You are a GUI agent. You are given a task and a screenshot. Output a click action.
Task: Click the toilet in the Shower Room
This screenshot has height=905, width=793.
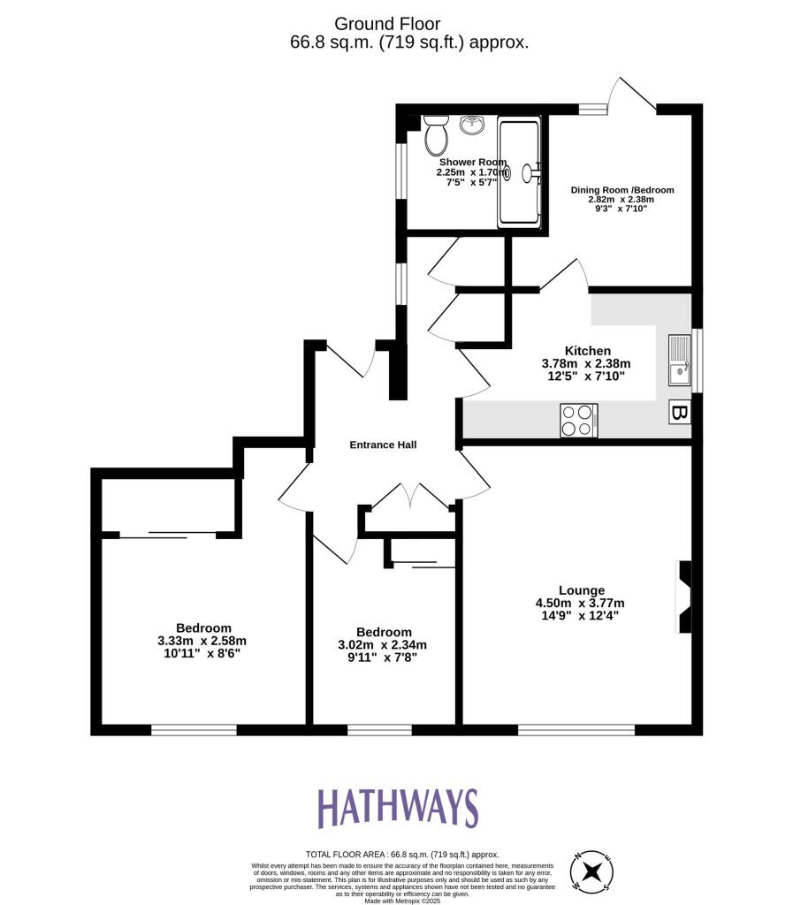(x=435, y=134)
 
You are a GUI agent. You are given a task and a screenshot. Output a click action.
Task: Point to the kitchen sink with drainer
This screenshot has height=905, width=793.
(x=678, y=361)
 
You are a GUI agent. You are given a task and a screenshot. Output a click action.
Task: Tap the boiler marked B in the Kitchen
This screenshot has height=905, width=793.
(x=679, y=412)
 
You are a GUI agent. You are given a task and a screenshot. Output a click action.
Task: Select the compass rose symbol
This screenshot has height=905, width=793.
(x=593, y=871)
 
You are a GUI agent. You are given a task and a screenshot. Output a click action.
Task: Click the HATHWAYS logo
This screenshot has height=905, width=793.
(x=397, y=808)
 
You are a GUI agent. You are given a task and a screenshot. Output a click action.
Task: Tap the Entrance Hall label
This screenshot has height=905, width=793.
(x=383, y=445)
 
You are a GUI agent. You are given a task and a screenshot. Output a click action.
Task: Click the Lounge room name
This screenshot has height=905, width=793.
(x=581, y=590)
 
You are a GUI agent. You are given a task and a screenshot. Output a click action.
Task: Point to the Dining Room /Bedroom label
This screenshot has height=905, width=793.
(x=621, y=190)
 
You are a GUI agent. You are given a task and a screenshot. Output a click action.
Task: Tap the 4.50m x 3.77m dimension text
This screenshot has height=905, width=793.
(x=582, y=604)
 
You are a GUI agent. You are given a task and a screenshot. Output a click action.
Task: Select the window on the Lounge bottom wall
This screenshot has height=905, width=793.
(x=576, y=729)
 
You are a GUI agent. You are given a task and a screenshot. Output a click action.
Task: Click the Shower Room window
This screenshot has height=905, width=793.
(x=400, y=166)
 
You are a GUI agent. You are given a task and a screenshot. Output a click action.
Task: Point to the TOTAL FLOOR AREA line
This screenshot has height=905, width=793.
(x=402, y=855)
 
